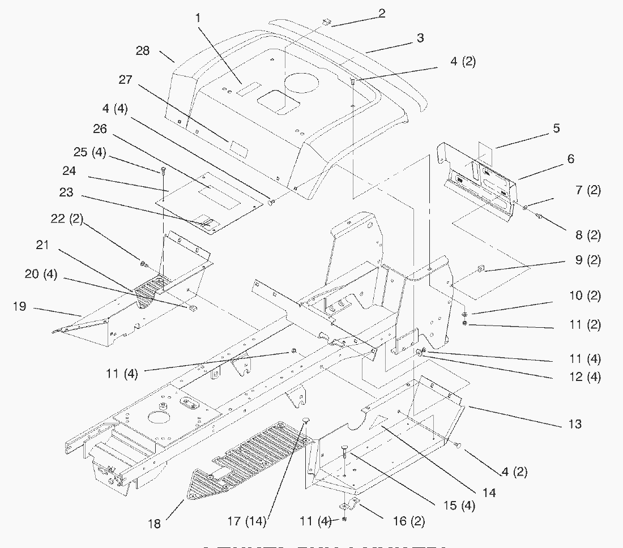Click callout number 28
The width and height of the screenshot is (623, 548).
(143, 51)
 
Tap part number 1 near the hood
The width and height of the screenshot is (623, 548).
(198, 18)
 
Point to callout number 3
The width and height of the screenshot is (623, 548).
(420, 38)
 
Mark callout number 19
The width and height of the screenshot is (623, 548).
(19, 306)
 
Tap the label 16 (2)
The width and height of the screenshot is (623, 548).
(409, 521)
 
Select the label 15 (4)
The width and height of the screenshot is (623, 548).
(460, 505)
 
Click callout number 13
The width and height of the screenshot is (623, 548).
(574, 424)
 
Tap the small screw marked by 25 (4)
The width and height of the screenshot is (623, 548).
(163, 169)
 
